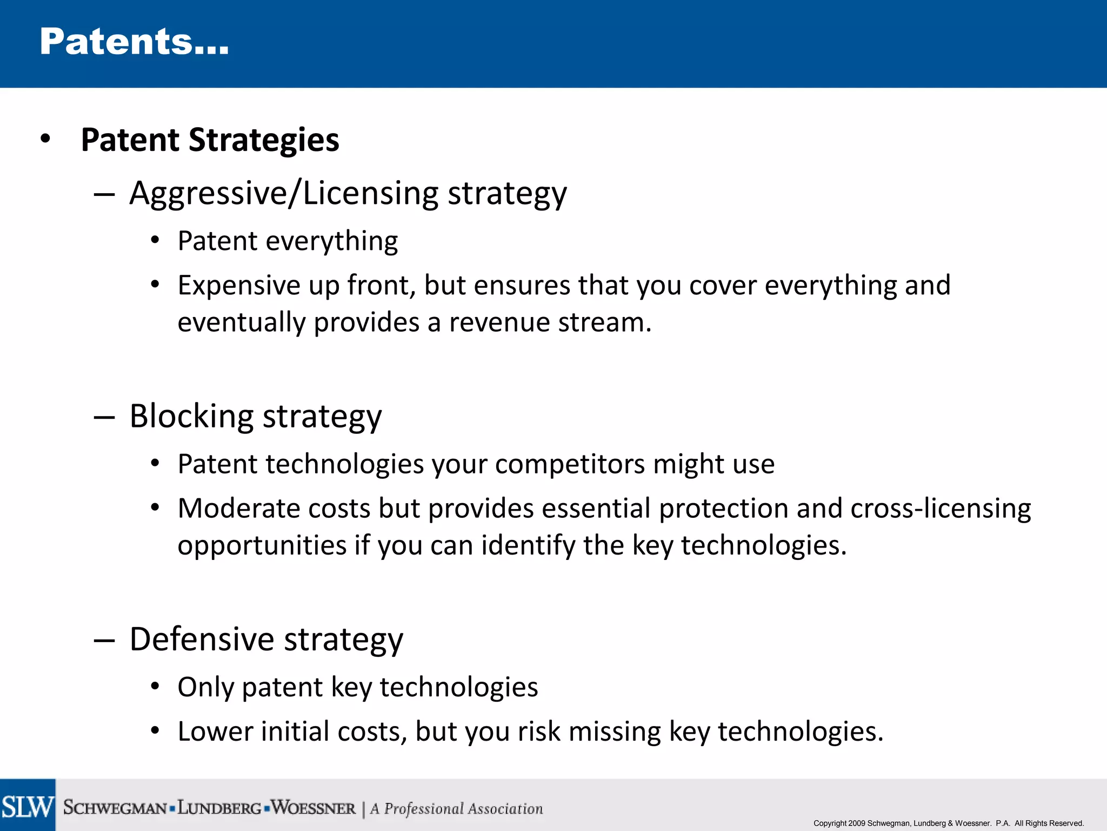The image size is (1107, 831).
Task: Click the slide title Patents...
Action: (134, 42)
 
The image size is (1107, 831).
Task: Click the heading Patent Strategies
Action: (210, 140)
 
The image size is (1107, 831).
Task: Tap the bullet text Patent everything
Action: (288, 241)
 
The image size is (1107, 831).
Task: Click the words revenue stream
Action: (550, 322)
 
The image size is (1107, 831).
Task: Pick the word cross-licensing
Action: (940, 509)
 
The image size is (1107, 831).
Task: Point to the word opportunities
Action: (262, 545)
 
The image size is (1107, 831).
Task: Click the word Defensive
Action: (202, 639)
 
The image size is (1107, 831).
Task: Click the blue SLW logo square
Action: (28, 805)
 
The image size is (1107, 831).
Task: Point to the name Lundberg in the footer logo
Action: (219, 808)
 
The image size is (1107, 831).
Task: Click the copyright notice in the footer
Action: (949, 823)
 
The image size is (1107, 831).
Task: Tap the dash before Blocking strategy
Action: (104, 418)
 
